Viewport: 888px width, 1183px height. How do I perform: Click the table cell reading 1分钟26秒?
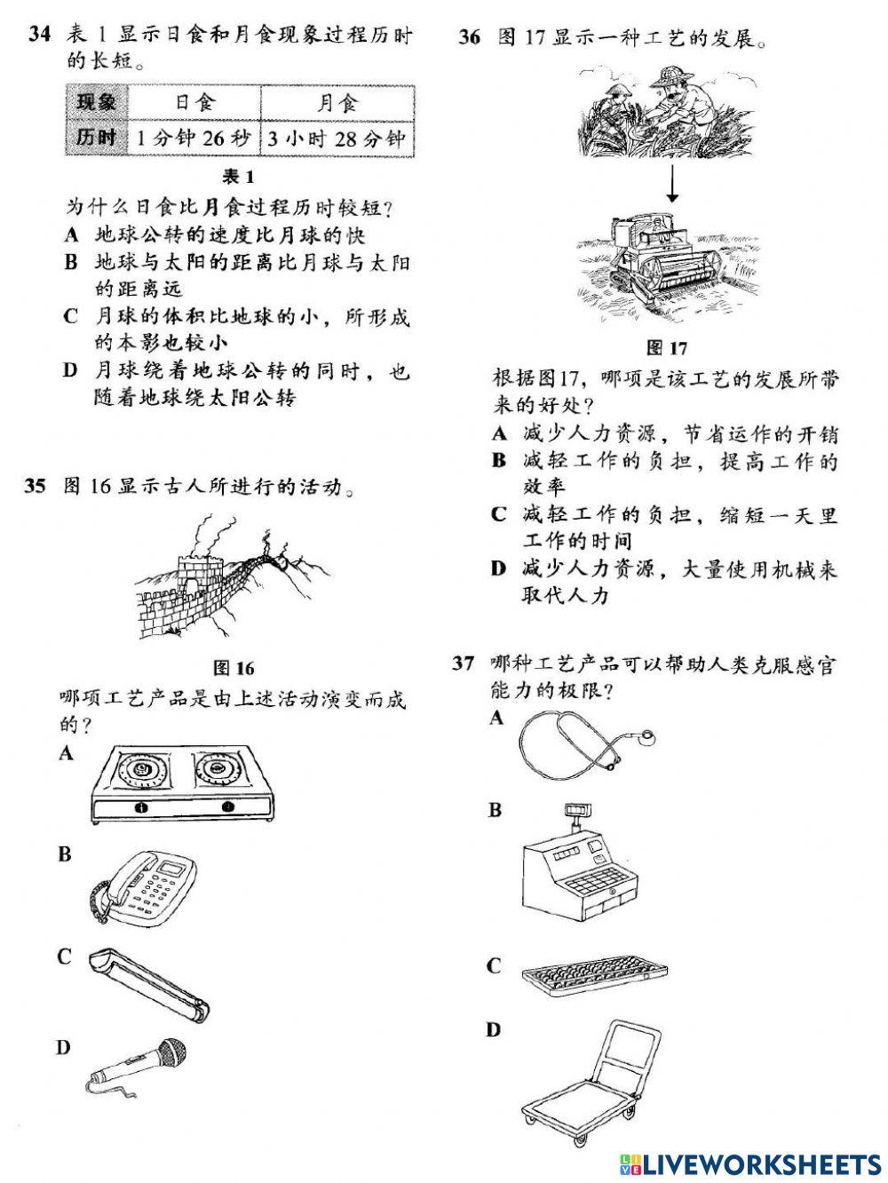click(x=194, y=138)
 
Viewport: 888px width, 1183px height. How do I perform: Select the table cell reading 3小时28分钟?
click(x=337, y=138)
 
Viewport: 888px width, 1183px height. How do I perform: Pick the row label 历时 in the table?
click(x=97, y=138)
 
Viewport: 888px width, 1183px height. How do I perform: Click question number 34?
click(x=38, y=36)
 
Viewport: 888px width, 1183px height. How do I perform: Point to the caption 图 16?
click(x=234, y=667)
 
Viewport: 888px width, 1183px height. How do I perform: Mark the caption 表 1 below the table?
click(x=238, y=176)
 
